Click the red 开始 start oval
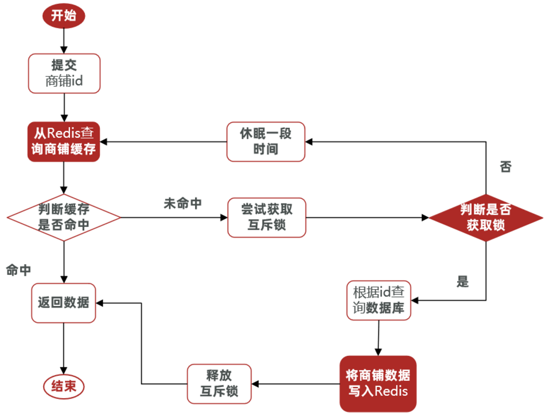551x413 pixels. point(64,16)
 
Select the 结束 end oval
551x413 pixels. point(64,386)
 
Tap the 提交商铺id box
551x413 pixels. point(64,73)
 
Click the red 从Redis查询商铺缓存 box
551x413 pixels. point(64,142)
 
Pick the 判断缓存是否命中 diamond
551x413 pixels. point(64,217)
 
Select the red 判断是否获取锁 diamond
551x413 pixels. point(485,217)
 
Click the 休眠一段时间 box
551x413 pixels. point(266,142)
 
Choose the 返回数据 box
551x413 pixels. point(64,303)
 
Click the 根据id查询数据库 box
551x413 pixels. point(379,300)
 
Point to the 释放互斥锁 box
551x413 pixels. point(219,384)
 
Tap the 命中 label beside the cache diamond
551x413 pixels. point(18,270)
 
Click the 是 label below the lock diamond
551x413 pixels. point(463,282)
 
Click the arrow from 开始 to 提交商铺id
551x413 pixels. point(64,39)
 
